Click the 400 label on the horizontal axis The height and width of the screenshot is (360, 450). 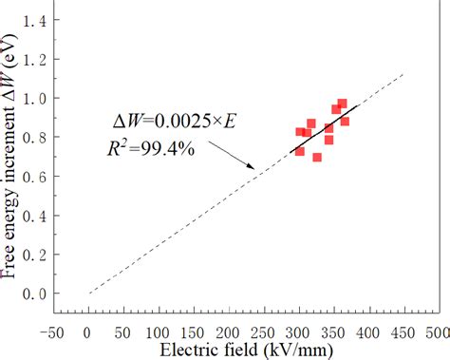371,332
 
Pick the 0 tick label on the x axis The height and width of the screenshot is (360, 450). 88,332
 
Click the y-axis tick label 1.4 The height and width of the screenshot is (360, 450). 34,20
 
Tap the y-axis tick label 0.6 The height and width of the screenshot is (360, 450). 34,177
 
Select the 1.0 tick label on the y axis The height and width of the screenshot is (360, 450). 34,98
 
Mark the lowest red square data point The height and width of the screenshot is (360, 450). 317,158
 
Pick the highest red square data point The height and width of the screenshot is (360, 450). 343,104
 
